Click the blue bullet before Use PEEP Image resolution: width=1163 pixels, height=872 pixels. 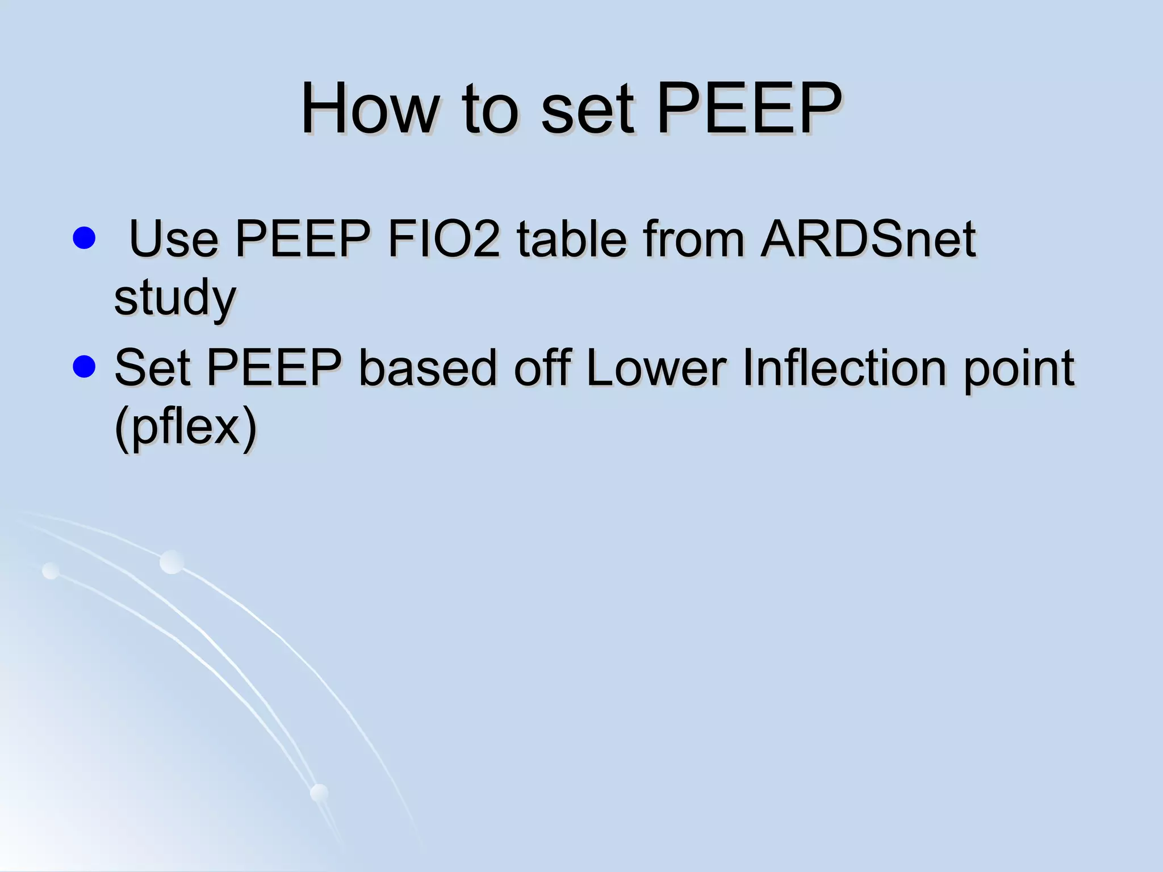(84, 238)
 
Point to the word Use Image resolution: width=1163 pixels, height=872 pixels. (174, 239)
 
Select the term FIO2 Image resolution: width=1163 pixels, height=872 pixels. (444, 239)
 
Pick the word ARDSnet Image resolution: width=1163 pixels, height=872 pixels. (868, 239)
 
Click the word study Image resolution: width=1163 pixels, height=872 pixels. (174, 299)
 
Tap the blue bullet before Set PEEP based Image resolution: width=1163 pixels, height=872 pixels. (84, 367)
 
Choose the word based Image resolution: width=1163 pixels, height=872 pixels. (428, 368)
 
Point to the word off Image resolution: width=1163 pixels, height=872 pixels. (542, 368)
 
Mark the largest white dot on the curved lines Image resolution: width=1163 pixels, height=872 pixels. (171, 562)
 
